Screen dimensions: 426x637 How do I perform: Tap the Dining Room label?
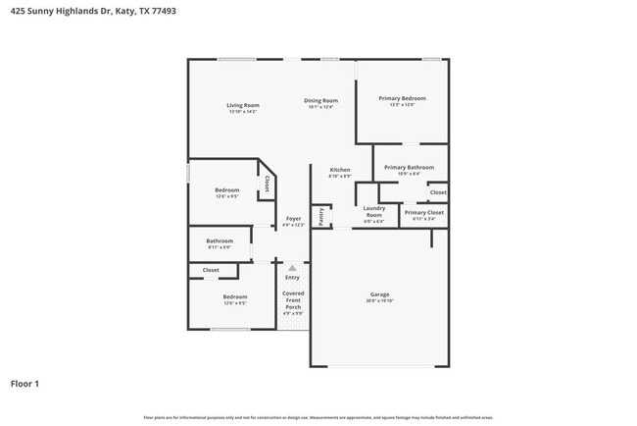320,100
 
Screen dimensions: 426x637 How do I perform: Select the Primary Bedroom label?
403,98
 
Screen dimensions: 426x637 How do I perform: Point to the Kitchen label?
340,170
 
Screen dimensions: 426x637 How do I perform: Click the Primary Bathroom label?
409,168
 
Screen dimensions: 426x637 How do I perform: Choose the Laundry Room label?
373,211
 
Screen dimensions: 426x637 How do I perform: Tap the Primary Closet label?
423,212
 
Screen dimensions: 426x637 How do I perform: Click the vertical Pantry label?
320,217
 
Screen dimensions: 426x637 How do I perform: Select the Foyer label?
293,218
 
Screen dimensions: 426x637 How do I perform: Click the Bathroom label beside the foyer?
220,240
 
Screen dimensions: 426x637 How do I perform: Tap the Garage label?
379,294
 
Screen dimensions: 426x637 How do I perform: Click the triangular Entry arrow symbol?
292,266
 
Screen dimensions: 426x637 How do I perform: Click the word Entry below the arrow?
292,277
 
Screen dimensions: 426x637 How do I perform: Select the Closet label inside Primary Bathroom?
438,191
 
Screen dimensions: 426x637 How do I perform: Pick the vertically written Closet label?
267,184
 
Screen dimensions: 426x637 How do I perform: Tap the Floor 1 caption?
24,383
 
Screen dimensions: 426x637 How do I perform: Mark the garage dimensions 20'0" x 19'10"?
379,301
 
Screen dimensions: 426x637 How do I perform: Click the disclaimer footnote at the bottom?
318,417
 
